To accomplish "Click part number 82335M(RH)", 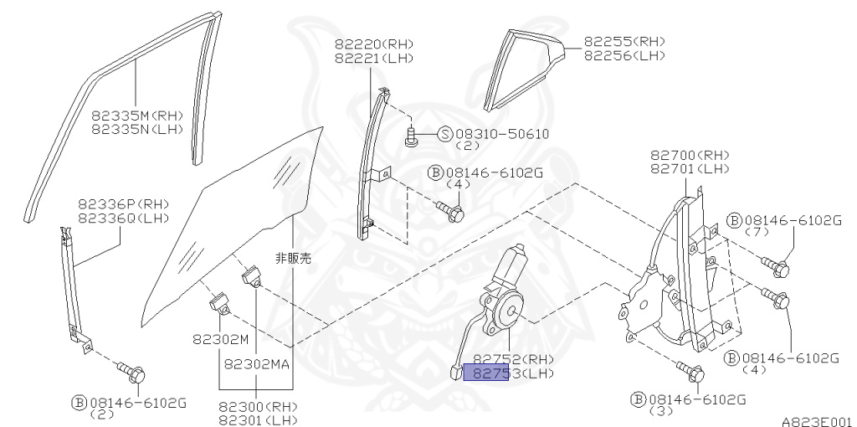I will click(x=136, y=115).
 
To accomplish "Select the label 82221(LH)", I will click(x=373, y=58).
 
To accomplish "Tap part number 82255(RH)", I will click(x=624, y=41).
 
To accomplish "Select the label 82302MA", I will click(x=257, y=364).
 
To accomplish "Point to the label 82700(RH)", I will click(x=690, y=155).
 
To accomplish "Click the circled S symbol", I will click(x=444, y=134).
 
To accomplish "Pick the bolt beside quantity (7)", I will click(x=777, y=267).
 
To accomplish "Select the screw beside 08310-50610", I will click(x=412, y=136).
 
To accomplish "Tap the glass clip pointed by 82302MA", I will click(x=252, y=275).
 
